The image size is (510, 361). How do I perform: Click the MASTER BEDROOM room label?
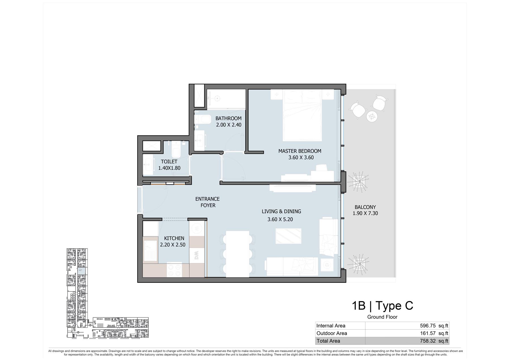pyautogui.click(x=300, y=151)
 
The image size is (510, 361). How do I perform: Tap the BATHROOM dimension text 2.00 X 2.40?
pyautogui.click(x=229, y=125)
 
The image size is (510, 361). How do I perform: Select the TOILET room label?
pyautogui.click(x=169, y=162)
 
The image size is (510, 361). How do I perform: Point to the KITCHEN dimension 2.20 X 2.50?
pyautogui.click(x=173, y=245)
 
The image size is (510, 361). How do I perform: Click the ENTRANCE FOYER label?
pyautogui.click(x=208, y=202)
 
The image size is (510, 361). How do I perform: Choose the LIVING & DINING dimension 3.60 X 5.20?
pyautogui.click(x=280, y=219)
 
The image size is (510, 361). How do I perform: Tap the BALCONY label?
pyautogui.click(x=365, y=207)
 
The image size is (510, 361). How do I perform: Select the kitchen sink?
pyautogui.click(x=150, y=251)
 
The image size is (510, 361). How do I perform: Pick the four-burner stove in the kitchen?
pyautogui.click(x=175, y=270)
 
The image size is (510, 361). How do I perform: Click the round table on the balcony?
pyautogui.click(x=372, y=116)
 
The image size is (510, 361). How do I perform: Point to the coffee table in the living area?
pyautogui.click(x=288, y=236)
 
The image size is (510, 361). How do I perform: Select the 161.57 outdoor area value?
pyautogui.click(x=428, y=333)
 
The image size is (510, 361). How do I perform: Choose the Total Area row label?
pyautogui.click(x=328, y=341)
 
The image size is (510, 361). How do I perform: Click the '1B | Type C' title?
pyautogui.click(x=382, y=306)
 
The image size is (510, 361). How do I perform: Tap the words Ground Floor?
pyautogui.click(x=382, y=317)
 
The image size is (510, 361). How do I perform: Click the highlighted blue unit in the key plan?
pyautogui.click(x=81, y=271)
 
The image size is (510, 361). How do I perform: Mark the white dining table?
pyautogui.click(x=237, y=254)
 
